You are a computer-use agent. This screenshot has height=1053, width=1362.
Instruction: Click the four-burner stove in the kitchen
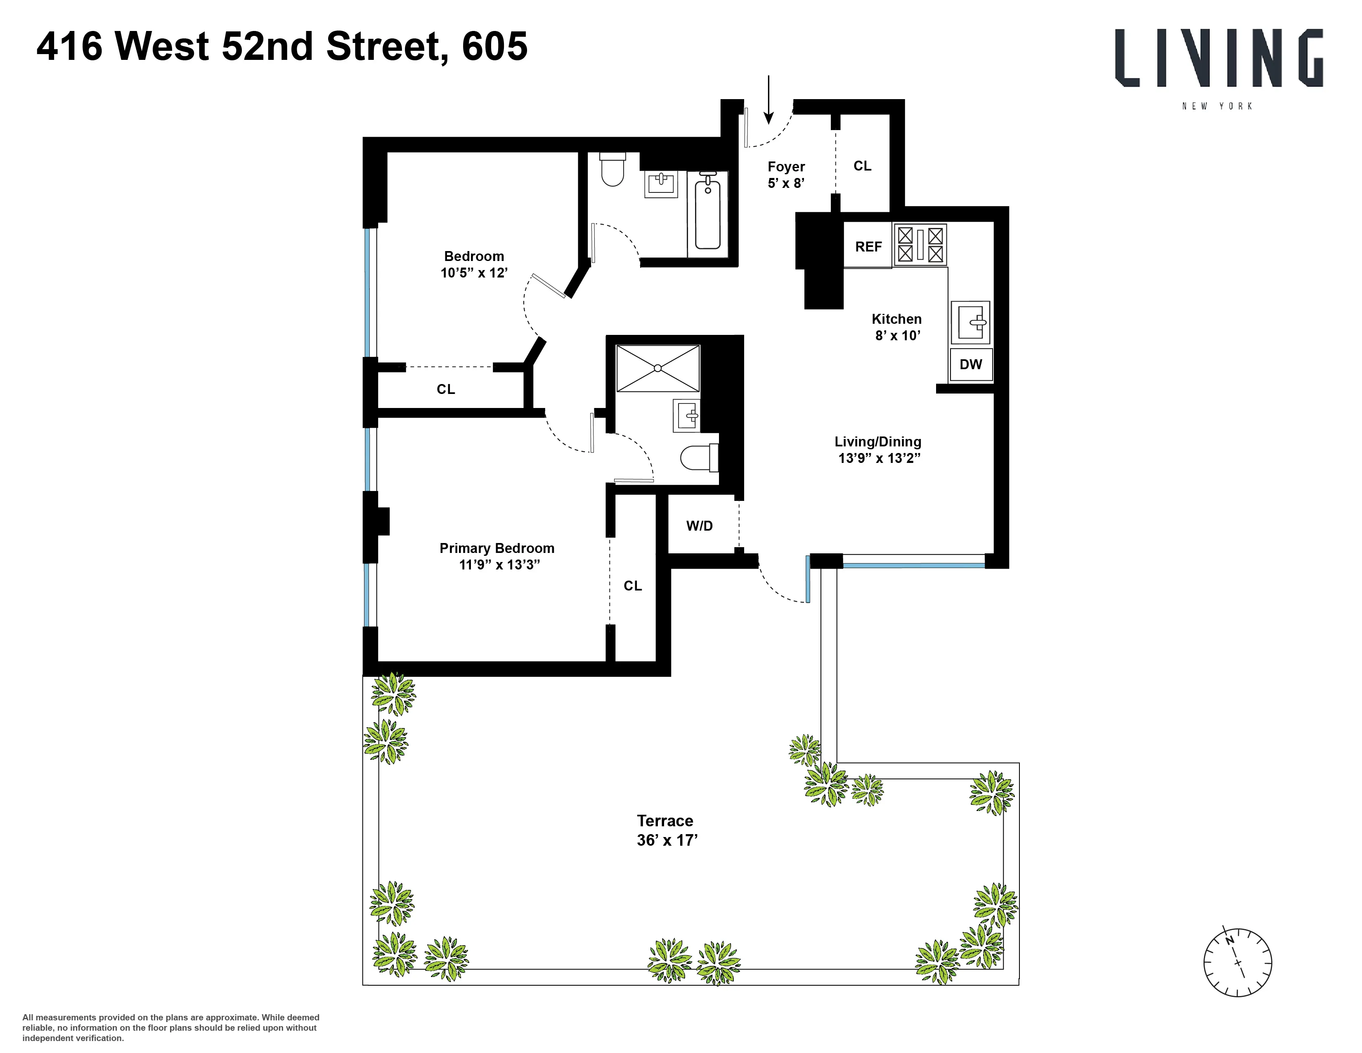pyautogui.click(x=920, y=245)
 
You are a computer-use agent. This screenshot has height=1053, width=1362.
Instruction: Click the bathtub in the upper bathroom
pyautogui.click(x=708, y=213)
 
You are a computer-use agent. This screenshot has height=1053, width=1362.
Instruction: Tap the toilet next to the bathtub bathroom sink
pyautogui.click(x=612, y=170)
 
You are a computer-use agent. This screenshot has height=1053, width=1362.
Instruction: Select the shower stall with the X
pyautogui.click(x=658, y=368)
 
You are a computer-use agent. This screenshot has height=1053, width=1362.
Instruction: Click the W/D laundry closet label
pyautogui.click(x=699, y=526)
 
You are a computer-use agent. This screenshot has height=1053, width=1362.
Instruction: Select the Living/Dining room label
pyautogui.click(x=878, y=450)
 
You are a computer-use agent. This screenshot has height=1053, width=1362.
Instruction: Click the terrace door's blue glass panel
pyautogui.click(x=808, y=579)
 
